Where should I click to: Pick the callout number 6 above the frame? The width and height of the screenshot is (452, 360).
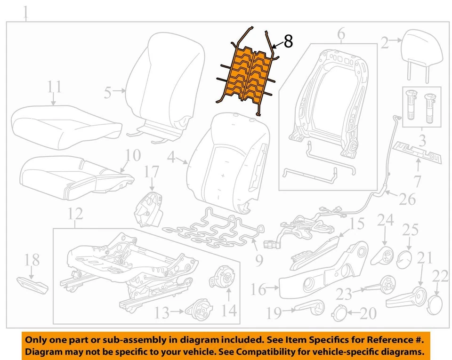point(341,33)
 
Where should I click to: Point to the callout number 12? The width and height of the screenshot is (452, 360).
point(75,215)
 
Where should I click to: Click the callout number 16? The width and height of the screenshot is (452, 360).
point(258,289)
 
